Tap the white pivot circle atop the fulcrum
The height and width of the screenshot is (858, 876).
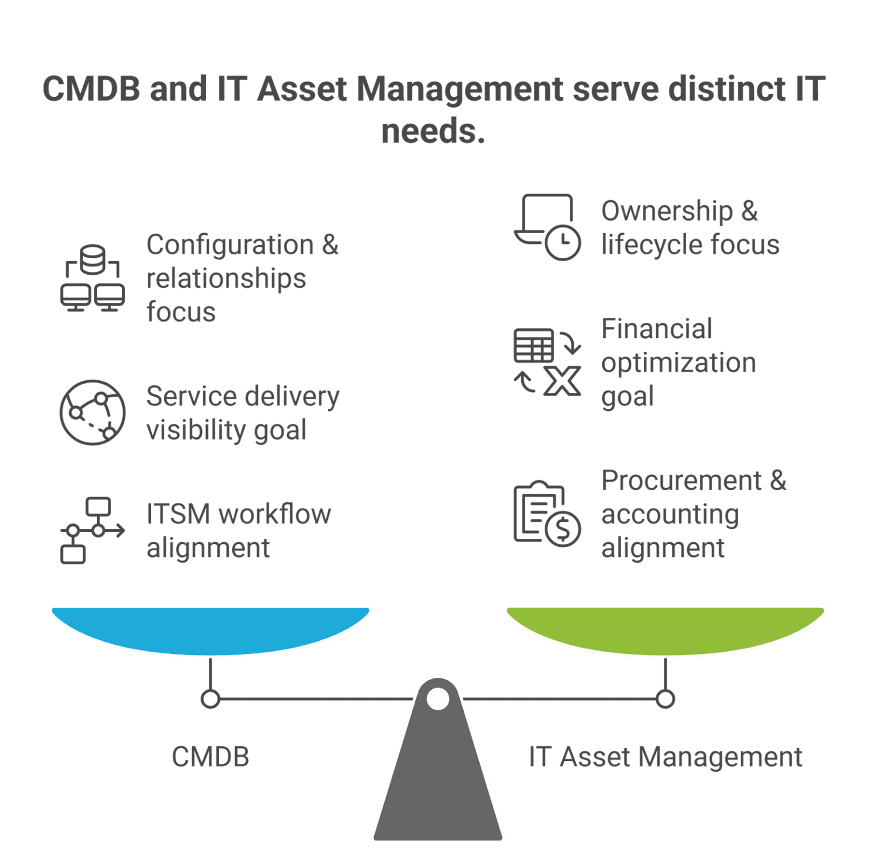point(438,698)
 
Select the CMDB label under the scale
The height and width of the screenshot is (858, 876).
point(210,757)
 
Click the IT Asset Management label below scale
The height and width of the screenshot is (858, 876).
point(665,757)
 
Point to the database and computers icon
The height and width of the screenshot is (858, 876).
point(92,278)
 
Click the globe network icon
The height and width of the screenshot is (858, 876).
point(92,412)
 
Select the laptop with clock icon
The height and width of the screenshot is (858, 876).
point(547,226)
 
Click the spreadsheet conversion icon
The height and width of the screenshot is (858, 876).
point(547,362)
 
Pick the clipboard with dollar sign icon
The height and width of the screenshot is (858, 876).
point(547,514)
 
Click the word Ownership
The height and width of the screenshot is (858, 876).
point(667,212)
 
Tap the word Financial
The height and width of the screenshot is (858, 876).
point(656,329)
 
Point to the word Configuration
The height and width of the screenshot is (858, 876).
point(230,245)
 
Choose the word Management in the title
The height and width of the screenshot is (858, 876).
point(459,90)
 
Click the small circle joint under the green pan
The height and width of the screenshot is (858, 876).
point(665,699)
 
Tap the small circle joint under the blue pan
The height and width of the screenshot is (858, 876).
point(210,699)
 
